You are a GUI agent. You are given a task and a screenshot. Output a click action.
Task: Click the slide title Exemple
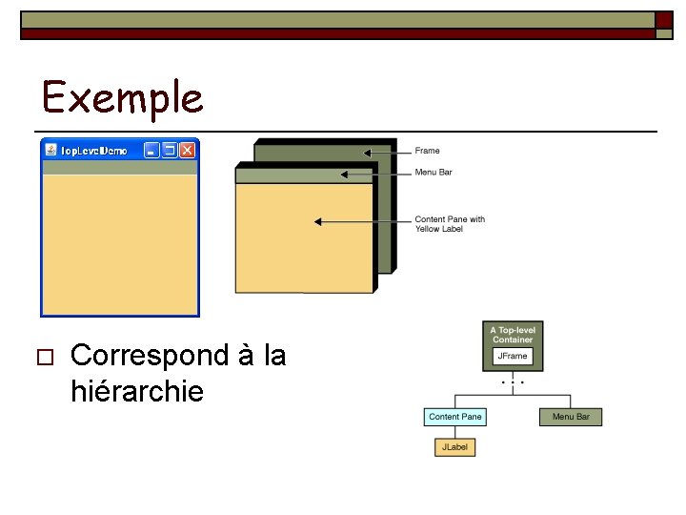[122, 97]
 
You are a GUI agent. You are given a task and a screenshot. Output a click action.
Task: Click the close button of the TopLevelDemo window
[188, 150]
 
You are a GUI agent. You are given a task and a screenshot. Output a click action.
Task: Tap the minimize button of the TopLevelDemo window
[151, 150]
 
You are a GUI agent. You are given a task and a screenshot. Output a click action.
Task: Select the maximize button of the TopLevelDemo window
[170, 150]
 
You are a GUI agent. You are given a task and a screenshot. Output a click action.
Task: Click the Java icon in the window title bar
[50, 150]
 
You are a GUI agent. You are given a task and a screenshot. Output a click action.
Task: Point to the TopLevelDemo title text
[93, 151]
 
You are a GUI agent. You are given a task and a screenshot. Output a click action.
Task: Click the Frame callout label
[427, 151]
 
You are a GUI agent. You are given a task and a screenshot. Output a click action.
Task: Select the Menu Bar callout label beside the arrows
[434, 173]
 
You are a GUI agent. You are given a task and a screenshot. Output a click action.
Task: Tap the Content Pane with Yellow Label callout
[449, 224]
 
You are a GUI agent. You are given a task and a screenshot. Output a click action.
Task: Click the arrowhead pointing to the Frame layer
[368, 151]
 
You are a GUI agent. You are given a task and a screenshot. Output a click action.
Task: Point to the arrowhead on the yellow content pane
[318, 221]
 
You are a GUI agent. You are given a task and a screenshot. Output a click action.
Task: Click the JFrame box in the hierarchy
[513, 357]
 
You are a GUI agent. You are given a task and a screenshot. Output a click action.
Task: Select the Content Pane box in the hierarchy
[455, 417]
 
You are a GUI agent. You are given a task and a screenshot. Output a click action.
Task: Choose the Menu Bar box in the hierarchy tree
[571, 417]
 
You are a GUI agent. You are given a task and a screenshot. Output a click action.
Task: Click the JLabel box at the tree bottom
[455, 446]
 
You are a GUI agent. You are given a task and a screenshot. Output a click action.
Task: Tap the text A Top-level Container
[513, 335]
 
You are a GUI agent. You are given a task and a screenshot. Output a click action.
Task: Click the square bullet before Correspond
[42, 358]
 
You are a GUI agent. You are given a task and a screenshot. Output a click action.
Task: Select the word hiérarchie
[137, 390]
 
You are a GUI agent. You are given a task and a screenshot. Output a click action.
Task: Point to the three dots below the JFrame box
[513, 381]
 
